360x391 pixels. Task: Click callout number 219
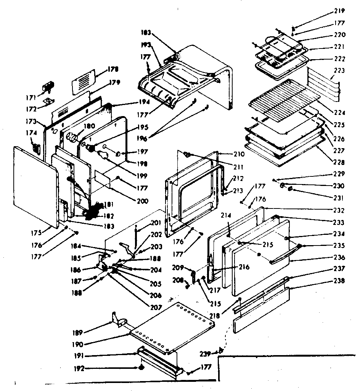[x=339, y=11]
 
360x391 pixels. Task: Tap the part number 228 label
[x=339, y=162]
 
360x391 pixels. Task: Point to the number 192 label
[x=80, y=369]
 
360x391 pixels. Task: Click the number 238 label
[x=339, y=281]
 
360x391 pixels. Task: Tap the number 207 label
[x=156, y=307]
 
